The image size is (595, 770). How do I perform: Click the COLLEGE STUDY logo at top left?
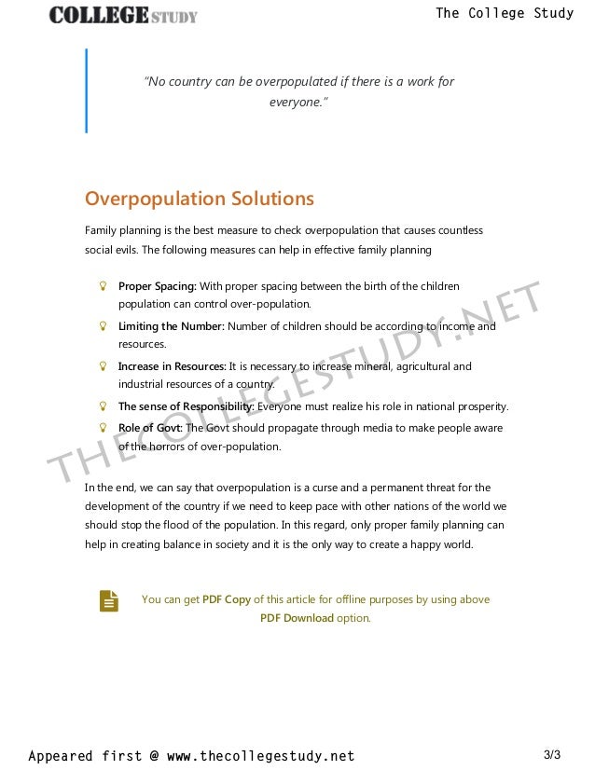point(123,14)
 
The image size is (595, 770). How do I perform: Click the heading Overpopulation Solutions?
point(199,199)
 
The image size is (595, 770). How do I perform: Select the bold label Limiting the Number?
point(171,327)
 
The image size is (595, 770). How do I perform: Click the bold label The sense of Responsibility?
point(186,406)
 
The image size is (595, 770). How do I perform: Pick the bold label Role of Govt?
point(151,428)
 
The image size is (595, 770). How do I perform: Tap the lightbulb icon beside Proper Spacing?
point(104,286)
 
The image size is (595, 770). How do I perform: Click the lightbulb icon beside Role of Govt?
point(104,428)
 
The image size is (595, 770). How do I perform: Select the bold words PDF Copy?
point(226,599)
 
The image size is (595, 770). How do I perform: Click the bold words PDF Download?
point(296,618)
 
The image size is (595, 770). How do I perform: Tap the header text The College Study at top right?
point(504,13)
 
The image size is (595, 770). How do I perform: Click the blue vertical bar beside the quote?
point(87,90)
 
